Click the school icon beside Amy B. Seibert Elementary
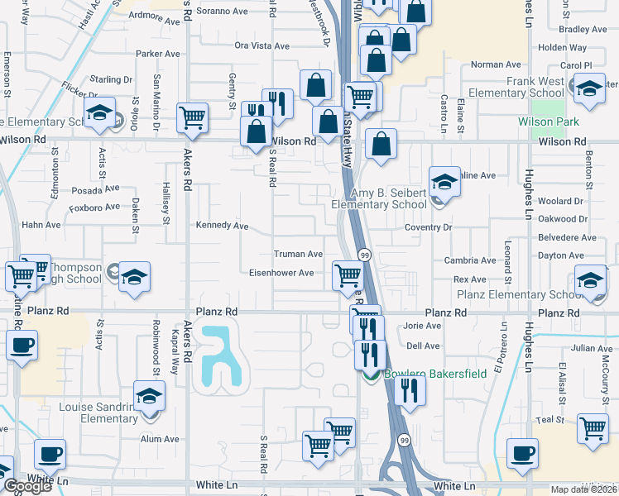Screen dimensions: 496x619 (444, 181)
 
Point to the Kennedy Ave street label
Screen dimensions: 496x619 (222, 226)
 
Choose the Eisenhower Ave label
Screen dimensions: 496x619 (282, 273)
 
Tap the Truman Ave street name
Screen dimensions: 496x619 (298, 254)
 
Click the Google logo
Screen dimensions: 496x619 (27, 486)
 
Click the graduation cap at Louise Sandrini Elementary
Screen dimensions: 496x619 (149, 397)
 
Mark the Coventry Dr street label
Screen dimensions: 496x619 (428, 227)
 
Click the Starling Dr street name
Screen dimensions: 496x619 (111, 79)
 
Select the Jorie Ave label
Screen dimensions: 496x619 (422, 326)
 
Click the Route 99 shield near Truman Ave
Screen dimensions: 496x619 (363, 255)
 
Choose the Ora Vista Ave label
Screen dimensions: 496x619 (262, 45)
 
